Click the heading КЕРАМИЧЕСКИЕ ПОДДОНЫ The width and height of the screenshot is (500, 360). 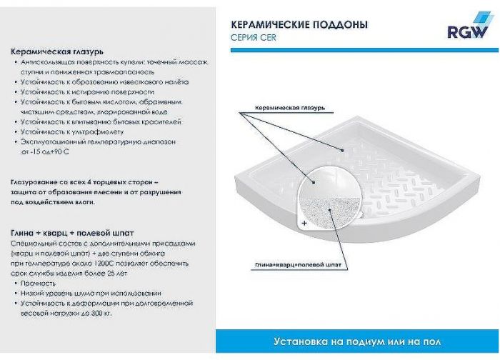[x=299, y=24]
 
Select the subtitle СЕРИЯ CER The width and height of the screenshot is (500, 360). [x=254, y=38]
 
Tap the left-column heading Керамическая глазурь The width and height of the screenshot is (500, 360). [x=57, y=52]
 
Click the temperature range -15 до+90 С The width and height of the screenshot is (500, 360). [x=49, y=152]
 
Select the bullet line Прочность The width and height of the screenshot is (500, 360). [x=37, y=283]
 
